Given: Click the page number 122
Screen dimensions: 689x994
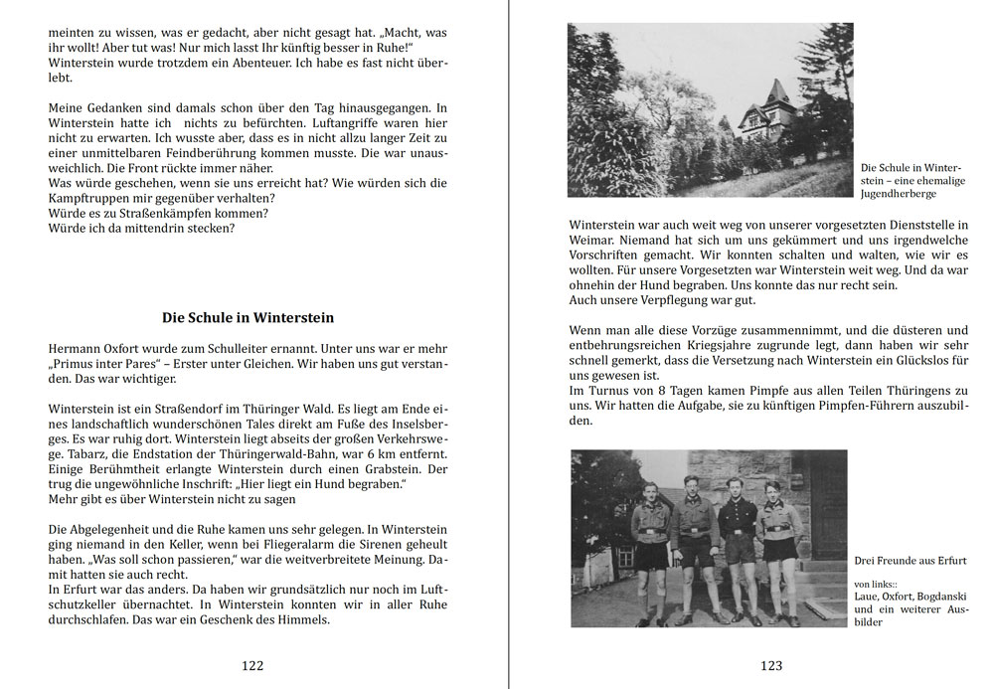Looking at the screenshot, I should pos(252,665).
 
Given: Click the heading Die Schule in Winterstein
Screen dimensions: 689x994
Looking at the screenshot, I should pos(248,318).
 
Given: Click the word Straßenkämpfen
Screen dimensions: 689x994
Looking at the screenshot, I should pos(177,213).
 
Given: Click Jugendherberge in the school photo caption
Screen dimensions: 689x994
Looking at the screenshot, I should pos(898,195).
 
